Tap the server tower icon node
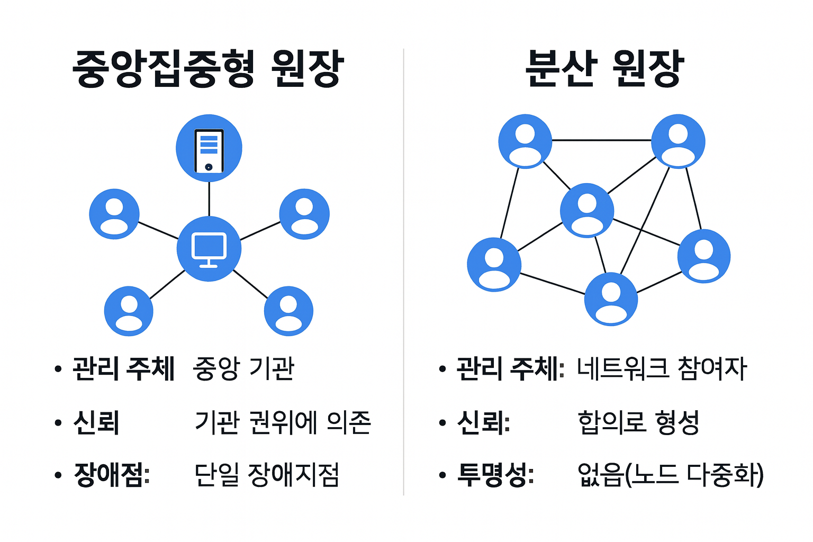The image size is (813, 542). coord(209,148)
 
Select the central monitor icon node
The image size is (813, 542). coord(209,249)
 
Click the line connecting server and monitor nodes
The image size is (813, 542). coord(209,198)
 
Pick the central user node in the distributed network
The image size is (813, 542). coord(587,210)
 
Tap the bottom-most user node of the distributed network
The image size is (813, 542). coord(611,299)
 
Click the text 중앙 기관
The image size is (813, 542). coord(244,368)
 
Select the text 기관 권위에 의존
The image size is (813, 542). coord(283,422)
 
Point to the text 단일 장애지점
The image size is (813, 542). coord(267,475)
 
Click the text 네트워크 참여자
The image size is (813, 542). coord(662,368)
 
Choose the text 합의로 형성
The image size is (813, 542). coord(638,422)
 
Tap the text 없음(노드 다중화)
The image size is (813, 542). coord(671,475)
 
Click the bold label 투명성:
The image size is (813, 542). coord(495,475)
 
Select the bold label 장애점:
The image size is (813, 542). coord(112,475)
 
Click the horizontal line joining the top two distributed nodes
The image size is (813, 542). coord(601,140)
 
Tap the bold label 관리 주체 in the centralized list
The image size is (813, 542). coord(123,368)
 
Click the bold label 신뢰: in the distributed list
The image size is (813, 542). coord(483,422)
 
